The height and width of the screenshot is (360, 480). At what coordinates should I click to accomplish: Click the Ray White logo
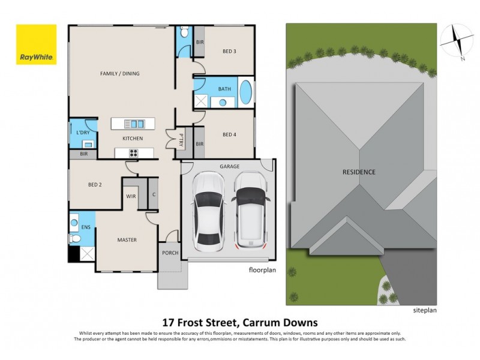click(36, 44)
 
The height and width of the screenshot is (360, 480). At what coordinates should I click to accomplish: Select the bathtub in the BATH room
click(246, 93)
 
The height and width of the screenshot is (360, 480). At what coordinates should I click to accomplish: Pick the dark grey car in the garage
click(251, 211)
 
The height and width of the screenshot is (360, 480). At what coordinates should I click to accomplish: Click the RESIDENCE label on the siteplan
click(359, 172)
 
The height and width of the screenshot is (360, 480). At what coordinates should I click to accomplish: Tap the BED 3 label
click(229, 52)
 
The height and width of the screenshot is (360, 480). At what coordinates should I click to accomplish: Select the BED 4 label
click(229, 134)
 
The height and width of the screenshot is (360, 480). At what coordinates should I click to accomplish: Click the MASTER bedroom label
click(127, 240)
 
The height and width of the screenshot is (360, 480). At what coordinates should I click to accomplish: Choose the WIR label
click(131, 196)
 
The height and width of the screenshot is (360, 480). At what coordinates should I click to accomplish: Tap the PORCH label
click(170, 253)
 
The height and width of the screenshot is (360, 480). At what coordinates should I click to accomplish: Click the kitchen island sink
click(133, 124)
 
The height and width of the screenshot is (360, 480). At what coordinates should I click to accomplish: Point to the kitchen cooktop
click(132, 153)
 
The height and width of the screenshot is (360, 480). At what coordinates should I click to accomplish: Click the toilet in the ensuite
click(75, 238)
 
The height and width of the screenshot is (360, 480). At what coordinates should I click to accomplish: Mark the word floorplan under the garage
click(262, 270)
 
